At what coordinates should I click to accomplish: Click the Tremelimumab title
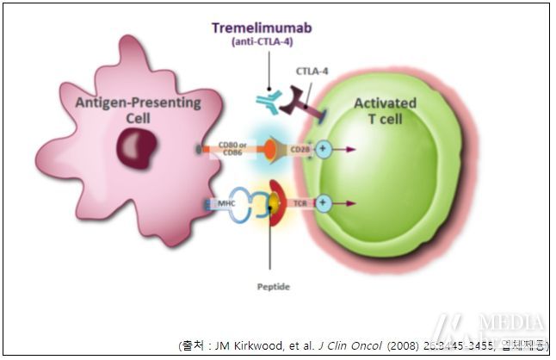click(263, 28)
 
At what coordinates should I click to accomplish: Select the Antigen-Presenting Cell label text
click(138, 110)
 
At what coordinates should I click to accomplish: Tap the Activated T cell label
click(385, 110)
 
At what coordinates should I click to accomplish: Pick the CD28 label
click(300, 150)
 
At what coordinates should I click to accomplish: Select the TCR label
click(300, 204)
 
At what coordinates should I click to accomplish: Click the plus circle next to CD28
click(324, 150)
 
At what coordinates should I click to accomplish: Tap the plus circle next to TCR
click(324, 204)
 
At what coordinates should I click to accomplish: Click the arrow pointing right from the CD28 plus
click(345, 150)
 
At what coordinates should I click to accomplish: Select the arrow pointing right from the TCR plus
click(345, 204)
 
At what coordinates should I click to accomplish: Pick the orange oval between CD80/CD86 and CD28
click(269, 150)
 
